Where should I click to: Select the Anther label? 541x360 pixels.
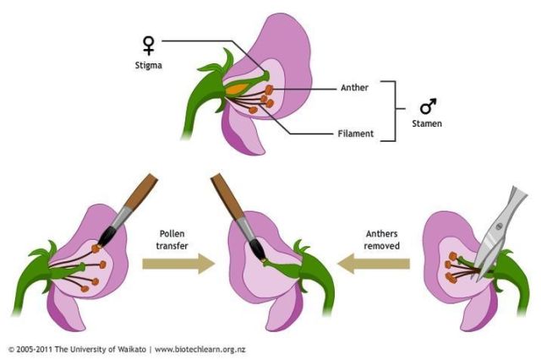[x=355, y=86]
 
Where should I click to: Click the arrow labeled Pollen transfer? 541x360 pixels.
[x=174, y=264]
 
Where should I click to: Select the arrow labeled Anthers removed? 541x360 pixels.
[x=374, y=264]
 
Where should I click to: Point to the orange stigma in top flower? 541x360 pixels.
[x=235, y=88]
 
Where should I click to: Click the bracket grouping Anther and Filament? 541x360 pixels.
[x=391, y=110]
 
